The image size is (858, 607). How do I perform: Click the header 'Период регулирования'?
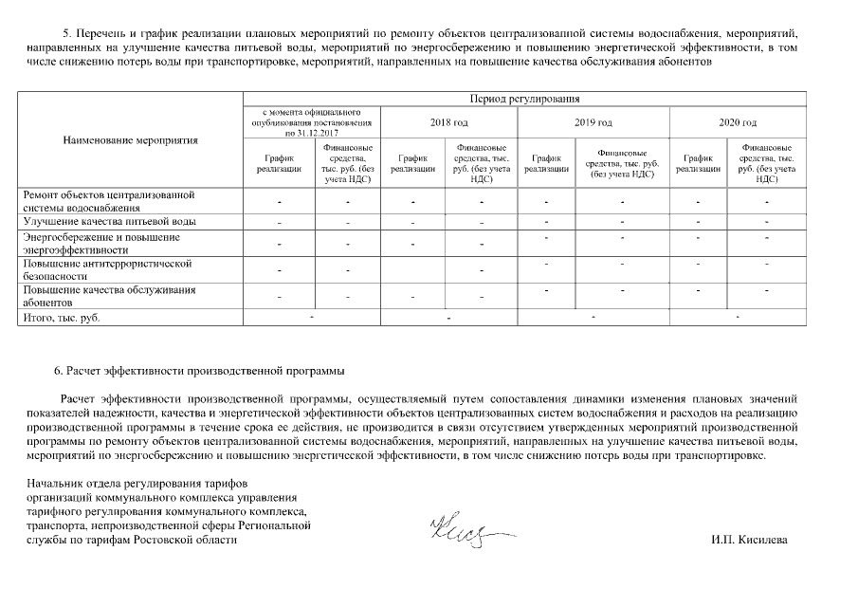pos(523,98)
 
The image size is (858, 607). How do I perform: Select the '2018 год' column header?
pos(449,122)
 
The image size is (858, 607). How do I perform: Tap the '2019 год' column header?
pos(593,122)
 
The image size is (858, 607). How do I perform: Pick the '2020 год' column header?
pos(738,122)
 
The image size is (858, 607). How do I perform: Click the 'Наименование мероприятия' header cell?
pos(131,140)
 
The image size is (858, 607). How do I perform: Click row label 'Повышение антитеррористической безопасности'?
pos(107,269)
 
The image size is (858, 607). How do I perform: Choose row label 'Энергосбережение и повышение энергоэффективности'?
pos(101,243)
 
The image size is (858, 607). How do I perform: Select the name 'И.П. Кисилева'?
pos(749,540)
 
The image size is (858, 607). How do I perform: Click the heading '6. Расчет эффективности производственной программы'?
pos(199,370)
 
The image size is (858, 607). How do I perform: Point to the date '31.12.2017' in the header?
pos(324,134)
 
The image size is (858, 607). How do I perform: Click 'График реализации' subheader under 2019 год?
pos(547,163)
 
